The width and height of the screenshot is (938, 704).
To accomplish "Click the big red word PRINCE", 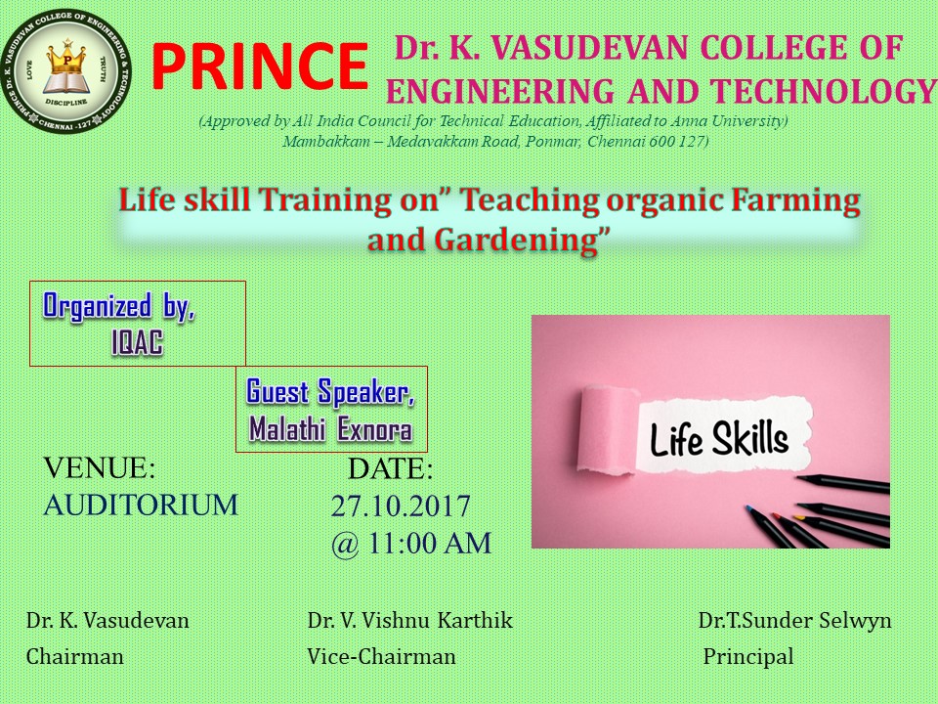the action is (260, 66).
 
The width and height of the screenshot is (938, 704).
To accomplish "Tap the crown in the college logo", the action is (67, 59).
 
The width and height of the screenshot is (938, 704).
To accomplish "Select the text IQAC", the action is (137, 343).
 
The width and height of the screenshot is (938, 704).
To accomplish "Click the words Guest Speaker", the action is (330, 392).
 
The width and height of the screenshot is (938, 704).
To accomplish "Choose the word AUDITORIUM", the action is (141, 505).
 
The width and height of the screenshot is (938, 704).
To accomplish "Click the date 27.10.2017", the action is (401, 506).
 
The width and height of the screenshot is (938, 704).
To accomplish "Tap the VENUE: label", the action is (100, 468).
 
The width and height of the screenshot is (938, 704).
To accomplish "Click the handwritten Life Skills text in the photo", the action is (718, 439).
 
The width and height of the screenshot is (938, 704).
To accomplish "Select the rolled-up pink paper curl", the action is (607, 430).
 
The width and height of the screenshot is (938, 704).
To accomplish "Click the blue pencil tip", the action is (747, 508).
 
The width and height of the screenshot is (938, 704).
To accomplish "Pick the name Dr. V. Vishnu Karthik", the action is (409, 620).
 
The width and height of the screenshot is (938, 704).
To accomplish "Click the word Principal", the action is (747, 657).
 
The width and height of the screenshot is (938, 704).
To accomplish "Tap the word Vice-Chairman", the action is (381, 657).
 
